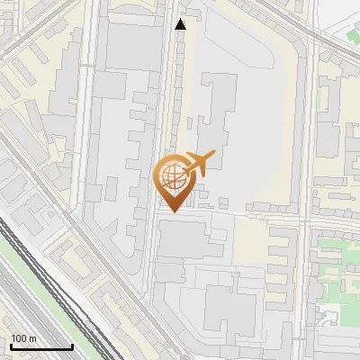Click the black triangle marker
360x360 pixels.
tap(181, 24)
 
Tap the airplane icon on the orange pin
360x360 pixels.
tap(200, 162)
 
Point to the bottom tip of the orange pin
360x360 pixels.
tap(172, 211)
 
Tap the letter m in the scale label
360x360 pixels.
tap(31, 338)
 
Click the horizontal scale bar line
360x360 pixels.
tap(41, 346)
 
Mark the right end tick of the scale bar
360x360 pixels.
tap(72, 345)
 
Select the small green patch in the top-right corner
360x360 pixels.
tap(354, 35)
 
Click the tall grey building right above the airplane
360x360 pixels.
tap(216, 112)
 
